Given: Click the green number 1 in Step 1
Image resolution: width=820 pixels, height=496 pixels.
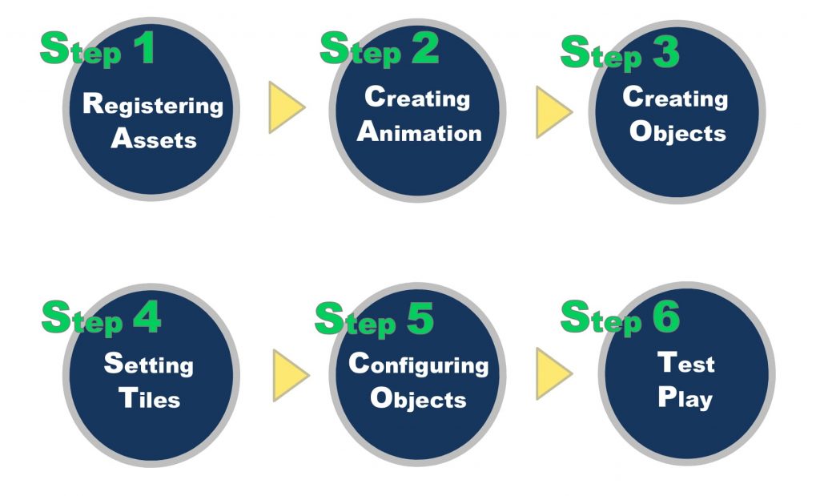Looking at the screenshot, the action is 145,47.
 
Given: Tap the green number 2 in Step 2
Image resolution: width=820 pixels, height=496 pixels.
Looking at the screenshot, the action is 424,47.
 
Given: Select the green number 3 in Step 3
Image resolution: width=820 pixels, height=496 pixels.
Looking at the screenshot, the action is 666,52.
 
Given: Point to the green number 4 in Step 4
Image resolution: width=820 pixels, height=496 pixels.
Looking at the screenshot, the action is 147,317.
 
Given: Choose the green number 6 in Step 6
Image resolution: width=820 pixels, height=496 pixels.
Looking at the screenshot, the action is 665,316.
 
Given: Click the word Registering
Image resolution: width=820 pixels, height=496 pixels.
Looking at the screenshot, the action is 153,106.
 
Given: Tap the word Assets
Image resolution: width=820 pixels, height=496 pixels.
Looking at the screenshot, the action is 154,138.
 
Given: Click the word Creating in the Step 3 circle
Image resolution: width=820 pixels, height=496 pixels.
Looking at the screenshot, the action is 675,99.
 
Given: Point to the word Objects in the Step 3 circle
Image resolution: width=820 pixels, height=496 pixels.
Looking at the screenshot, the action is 677,133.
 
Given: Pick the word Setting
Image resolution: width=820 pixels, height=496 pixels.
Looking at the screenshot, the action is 149,365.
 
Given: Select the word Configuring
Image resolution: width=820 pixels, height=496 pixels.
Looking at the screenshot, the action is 419,365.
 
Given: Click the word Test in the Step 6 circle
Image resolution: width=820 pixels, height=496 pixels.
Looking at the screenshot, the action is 686,362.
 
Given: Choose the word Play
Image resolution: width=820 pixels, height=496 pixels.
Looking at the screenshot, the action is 685,397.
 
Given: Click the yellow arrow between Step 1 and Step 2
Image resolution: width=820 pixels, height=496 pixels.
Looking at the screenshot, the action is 287,107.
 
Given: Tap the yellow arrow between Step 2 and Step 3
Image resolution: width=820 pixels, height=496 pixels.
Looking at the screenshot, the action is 554,112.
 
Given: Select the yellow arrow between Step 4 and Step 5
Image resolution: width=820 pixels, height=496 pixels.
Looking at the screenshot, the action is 291,376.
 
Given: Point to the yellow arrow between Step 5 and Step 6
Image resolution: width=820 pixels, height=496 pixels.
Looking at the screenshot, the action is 554,373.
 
